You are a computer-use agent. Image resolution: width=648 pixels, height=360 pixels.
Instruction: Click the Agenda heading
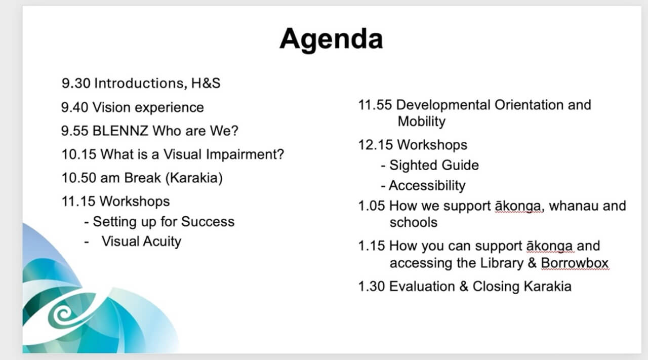(331, 38)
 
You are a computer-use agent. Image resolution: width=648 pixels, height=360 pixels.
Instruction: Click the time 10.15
(79, 154)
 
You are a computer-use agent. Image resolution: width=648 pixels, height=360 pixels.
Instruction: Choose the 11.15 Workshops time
(78, 202)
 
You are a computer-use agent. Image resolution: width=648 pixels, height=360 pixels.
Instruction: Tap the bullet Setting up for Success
(163, 222)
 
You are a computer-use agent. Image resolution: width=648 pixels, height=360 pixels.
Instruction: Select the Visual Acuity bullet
(141, 242)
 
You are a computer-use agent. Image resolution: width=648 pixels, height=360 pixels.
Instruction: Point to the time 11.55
(375, 105)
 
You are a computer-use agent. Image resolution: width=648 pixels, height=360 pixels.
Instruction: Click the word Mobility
(421, 122)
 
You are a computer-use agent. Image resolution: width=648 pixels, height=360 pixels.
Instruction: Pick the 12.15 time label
(375, 145)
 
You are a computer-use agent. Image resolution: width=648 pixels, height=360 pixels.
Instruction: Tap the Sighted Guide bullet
(433, 166)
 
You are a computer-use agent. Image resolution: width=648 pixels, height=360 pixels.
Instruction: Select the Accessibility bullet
(426, 186)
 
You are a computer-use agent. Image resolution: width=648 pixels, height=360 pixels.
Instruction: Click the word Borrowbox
(574, 264)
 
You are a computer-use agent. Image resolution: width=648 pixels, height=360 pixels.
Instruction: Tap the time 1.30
(372, 287)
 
